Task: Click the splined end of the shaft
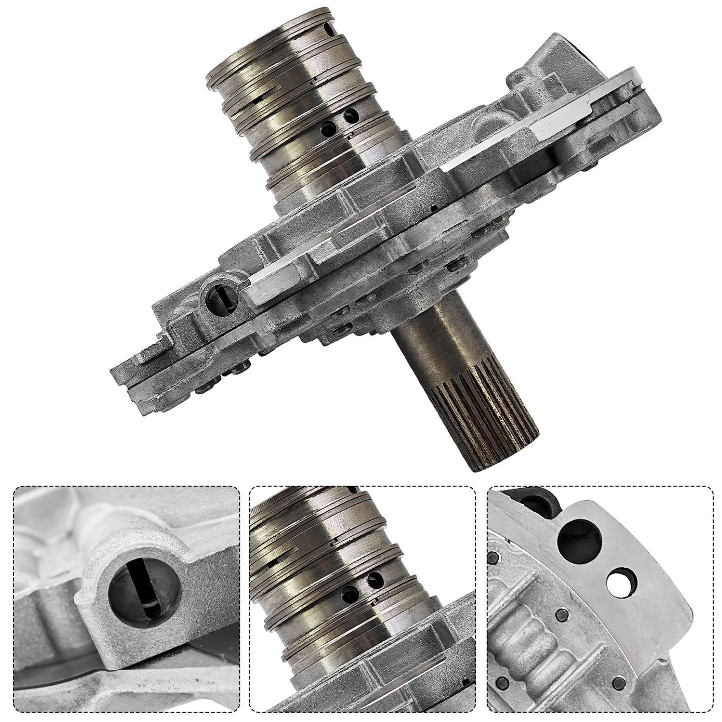click(x=492, y=420)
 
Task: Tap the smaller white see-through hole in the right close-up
click(x=620, y=580)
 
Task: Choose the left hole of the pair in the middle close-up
click(x=347, y=593)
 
